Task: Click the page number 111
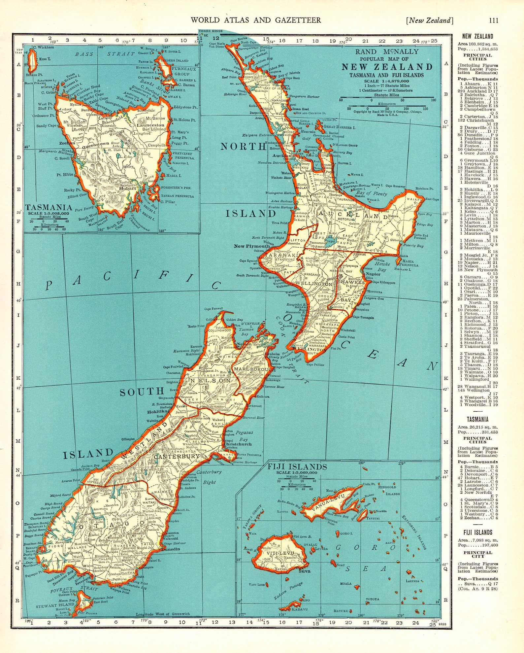[494, 20]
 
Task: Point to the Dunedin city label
[171, 549]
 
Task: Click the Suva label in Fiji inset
[304, 571]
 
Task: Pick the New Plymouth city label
[252, 246]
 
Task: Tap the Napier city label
[373, 274]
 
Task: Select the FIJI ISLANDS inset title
[297, 467]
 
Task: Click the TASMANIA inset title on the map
[49, 207]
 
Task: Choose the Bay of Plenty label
[372, 193]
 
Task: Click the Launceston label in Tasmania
[150, 125]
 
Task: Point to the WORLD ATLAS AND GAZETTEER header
[256, 20]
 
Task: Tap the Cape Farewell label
[213, 309]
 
